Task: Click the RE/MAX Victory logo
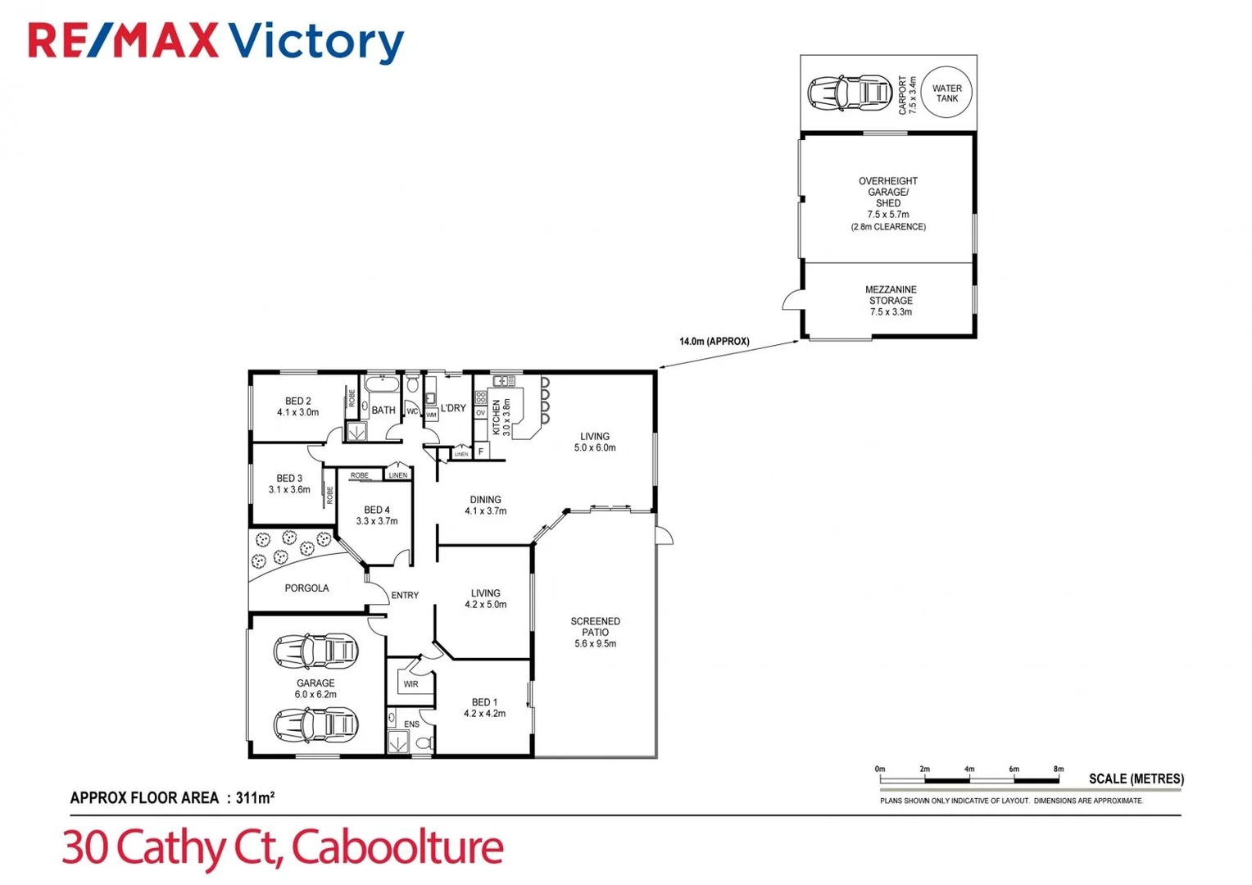(x=216, y=43)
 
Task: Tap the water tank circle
(x=946, y=93)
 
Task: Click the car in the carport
(x=849, y=93)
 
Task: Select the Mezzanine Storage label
(x=891, y=301)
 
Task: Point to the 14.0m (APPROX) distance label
(x=714, y=342)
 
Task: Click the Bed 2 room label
(x=297, y=406)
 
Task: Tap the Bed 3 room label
(x=289, y=483)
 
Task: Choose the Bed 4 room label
(x=377, y=515)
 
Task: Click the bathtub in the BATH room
(x=381, y=385)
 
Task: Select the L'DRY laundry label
(x=453, y=408)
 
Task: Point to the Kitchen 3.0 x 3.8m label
(x=501, y=416)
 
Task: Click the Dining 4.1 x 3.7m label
(x=485, y=505)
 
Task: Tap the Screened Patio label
(x=595, y=632)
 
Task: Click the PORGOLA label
(x=306, y=588)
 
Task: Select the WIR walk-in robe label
(x=411, y=684)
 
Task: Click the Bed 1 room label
(x=484, y=707)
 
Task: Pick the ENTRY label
(x=405, y=596)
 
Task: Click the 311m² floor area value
(x=255, y=797)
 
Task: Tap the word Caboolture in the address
(x=397, y=848)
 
